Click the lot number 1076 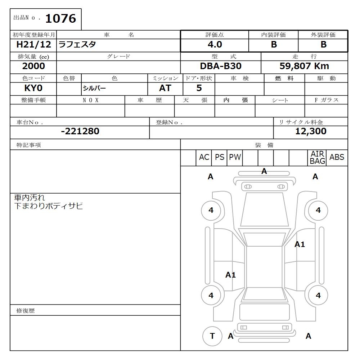coord(60,19)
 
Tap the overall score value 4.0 coord(215,45)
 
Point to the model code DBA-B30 coord(220,67)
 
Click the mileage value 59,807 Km coord(304,67)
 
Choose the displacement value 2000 coord(33,66)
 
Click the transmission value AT coord(165,88)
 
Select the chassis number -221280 coord(80,131)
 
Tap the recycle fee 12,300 coord(310,131)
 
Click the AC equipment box coord(204,157)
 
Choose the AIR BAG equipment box coord(317,158)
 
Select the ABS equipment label coord(337,157)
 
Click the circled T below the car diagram coord(212,336)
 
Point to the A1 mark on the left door coord(230,275)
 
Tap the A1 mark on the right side coord(300,244)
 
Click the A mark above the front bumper coord(264,172)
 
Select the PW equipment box coord(235,157)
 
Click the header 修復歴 coord(26,311)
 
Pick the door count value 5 coord(199,88)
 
